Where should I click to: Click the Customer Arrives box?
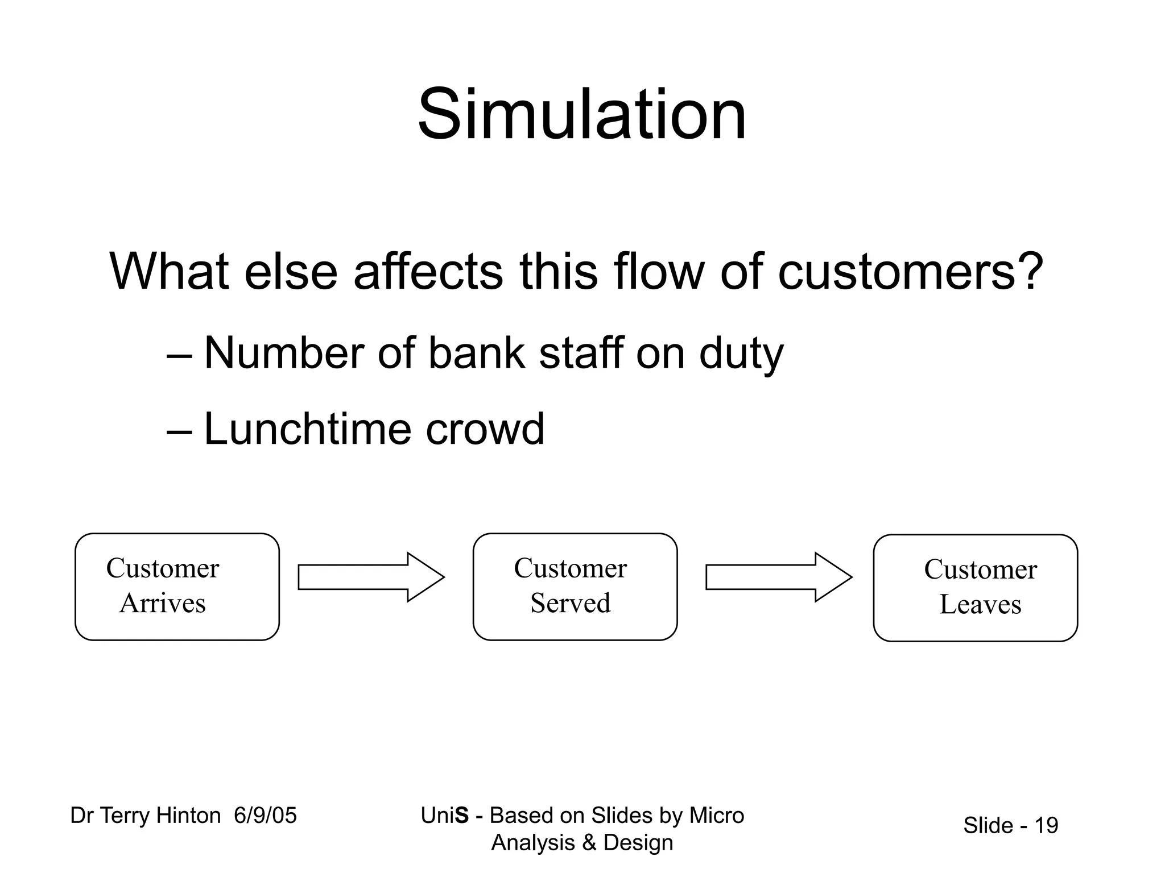point(177,587)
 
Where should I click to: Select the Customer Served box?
point(575,587)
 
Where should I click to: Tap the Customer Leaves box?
point(975,588)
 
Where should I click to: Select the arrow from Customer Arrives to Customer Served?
point(370,577)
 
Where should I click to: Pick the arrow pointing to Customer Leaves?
point(778,577)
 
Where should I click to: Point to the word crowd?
point(485,429)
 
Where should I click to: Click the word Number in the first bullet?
point(284,353)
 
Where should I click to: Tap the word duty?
point(741,354)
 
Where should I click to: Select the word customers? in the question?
point(910,272)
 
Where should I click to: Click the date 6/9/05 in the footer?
point(265,816)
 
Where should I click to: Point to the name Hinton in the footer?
point(188,816)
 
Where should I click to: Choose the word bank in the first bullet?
point(476,353)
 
